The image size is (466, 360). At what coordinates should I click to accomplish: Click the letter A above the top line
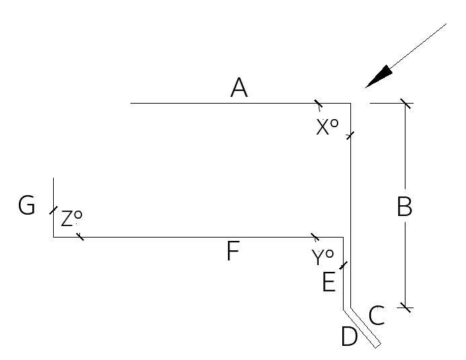click(239, 87)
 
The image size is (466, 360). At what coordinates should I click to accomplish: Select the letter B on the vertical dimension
click(405, 207)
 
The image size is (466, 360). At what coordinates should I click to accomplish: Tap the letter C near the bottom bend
click(377, 316)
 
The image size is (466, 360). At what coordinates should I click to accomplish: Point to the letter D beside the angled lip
click(350, 336)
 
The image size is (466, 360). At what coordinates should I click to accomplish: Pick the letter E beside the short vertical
click(329, 282)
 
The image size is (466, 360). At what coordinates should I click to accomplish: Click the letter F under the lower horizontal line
click(233, 251)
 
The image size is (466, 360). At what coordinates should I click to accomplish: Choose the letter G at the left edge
click(26, 205)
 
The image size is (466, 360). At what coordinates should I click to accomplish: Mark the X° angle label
click(327, 127)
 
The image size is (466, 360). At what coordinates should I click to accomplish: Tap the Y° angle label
click(323, 257)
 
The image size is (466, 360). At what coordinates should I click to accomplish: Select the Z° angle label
click(71, 218)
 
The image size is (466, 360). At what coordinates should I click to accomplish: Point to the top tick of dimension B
click(405, 104)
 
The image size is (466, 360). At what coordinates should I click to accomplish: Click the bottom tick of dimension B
click(405, 308)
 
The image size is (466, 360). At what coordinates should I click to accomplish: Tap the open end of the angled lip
click(378, 346)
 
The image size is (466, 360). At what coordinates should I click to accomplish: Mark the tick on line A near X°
click(318, 104)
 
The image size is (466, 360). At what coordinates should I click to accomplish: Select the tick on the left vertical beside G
click(54, 210)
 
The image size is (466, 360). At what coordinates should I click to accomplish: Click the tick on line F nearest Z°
click(80, 237)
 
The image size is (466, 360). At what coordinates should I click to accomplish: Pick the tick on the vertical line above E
click(343, 265)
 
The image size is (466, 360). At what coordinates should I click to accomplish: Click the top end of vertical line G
click(54, 178)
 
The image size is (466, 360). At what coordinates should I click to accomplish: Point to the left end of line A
click(130, 104)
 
